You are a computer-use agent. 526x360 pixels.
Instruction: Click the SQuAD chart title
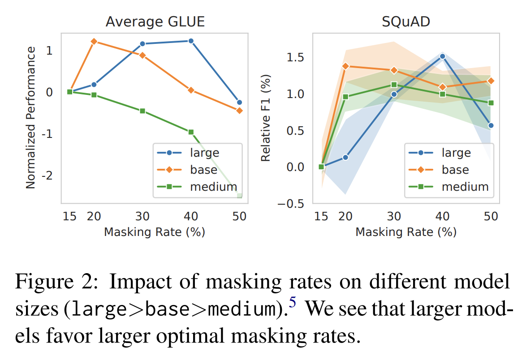point(406,22)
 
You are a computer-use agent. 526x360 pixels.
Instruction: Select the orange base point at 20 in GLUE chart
point(94,42)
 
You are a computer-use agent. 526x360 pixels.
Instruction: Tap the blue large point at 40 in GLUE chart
point(191,41)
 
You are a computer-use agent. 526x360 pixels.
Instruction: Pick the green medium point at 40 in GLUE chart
point(191,132)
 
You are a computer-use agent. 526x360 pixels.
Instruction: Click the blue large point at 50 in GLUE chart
point(239,103)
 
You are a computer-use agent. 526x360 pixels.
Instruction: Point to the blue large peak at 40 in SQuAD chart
point(442,56)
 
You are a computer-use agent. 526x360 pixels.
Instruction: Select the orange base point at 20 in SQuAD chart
point(345,66)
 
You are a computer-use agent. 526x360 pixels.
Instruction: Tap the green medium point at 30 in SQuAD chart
point(394,85)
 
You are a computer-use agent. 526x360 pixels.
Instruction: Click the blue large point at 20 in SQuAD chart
point(345,157)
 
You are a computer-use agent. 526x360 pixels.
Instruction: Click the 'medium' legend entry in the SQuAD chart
point(465,186)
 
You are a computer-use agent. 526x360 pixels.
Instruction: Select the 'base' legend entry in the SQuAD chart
point(455,170)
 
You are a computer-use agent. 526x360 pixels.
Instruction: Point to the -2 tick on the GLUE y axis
point(47,175)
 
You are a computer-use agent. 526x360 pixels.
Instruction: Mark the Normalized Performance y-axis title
point(30,117)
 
